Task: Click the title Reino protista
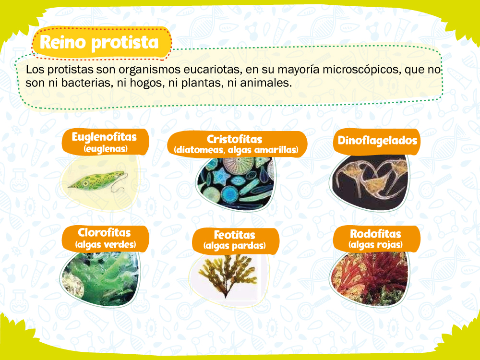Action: [99, 42]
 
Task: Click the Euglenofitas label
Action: [104, 137]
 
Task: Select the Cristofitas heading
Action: [235, 139]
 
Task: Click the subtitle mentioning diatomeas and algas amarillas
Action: [236, 150]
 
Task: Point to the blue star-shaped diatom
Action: [222, 177]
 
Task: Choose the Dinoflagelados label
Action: [377, 140]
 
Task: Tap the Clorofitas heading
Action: [104, 232]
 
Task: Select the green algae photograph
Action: [100, 278]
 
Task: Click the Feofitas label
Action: [235, 235]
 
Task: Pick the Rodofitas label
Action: [376, 234]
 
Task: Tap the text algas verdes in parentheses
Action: [106, 244]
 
